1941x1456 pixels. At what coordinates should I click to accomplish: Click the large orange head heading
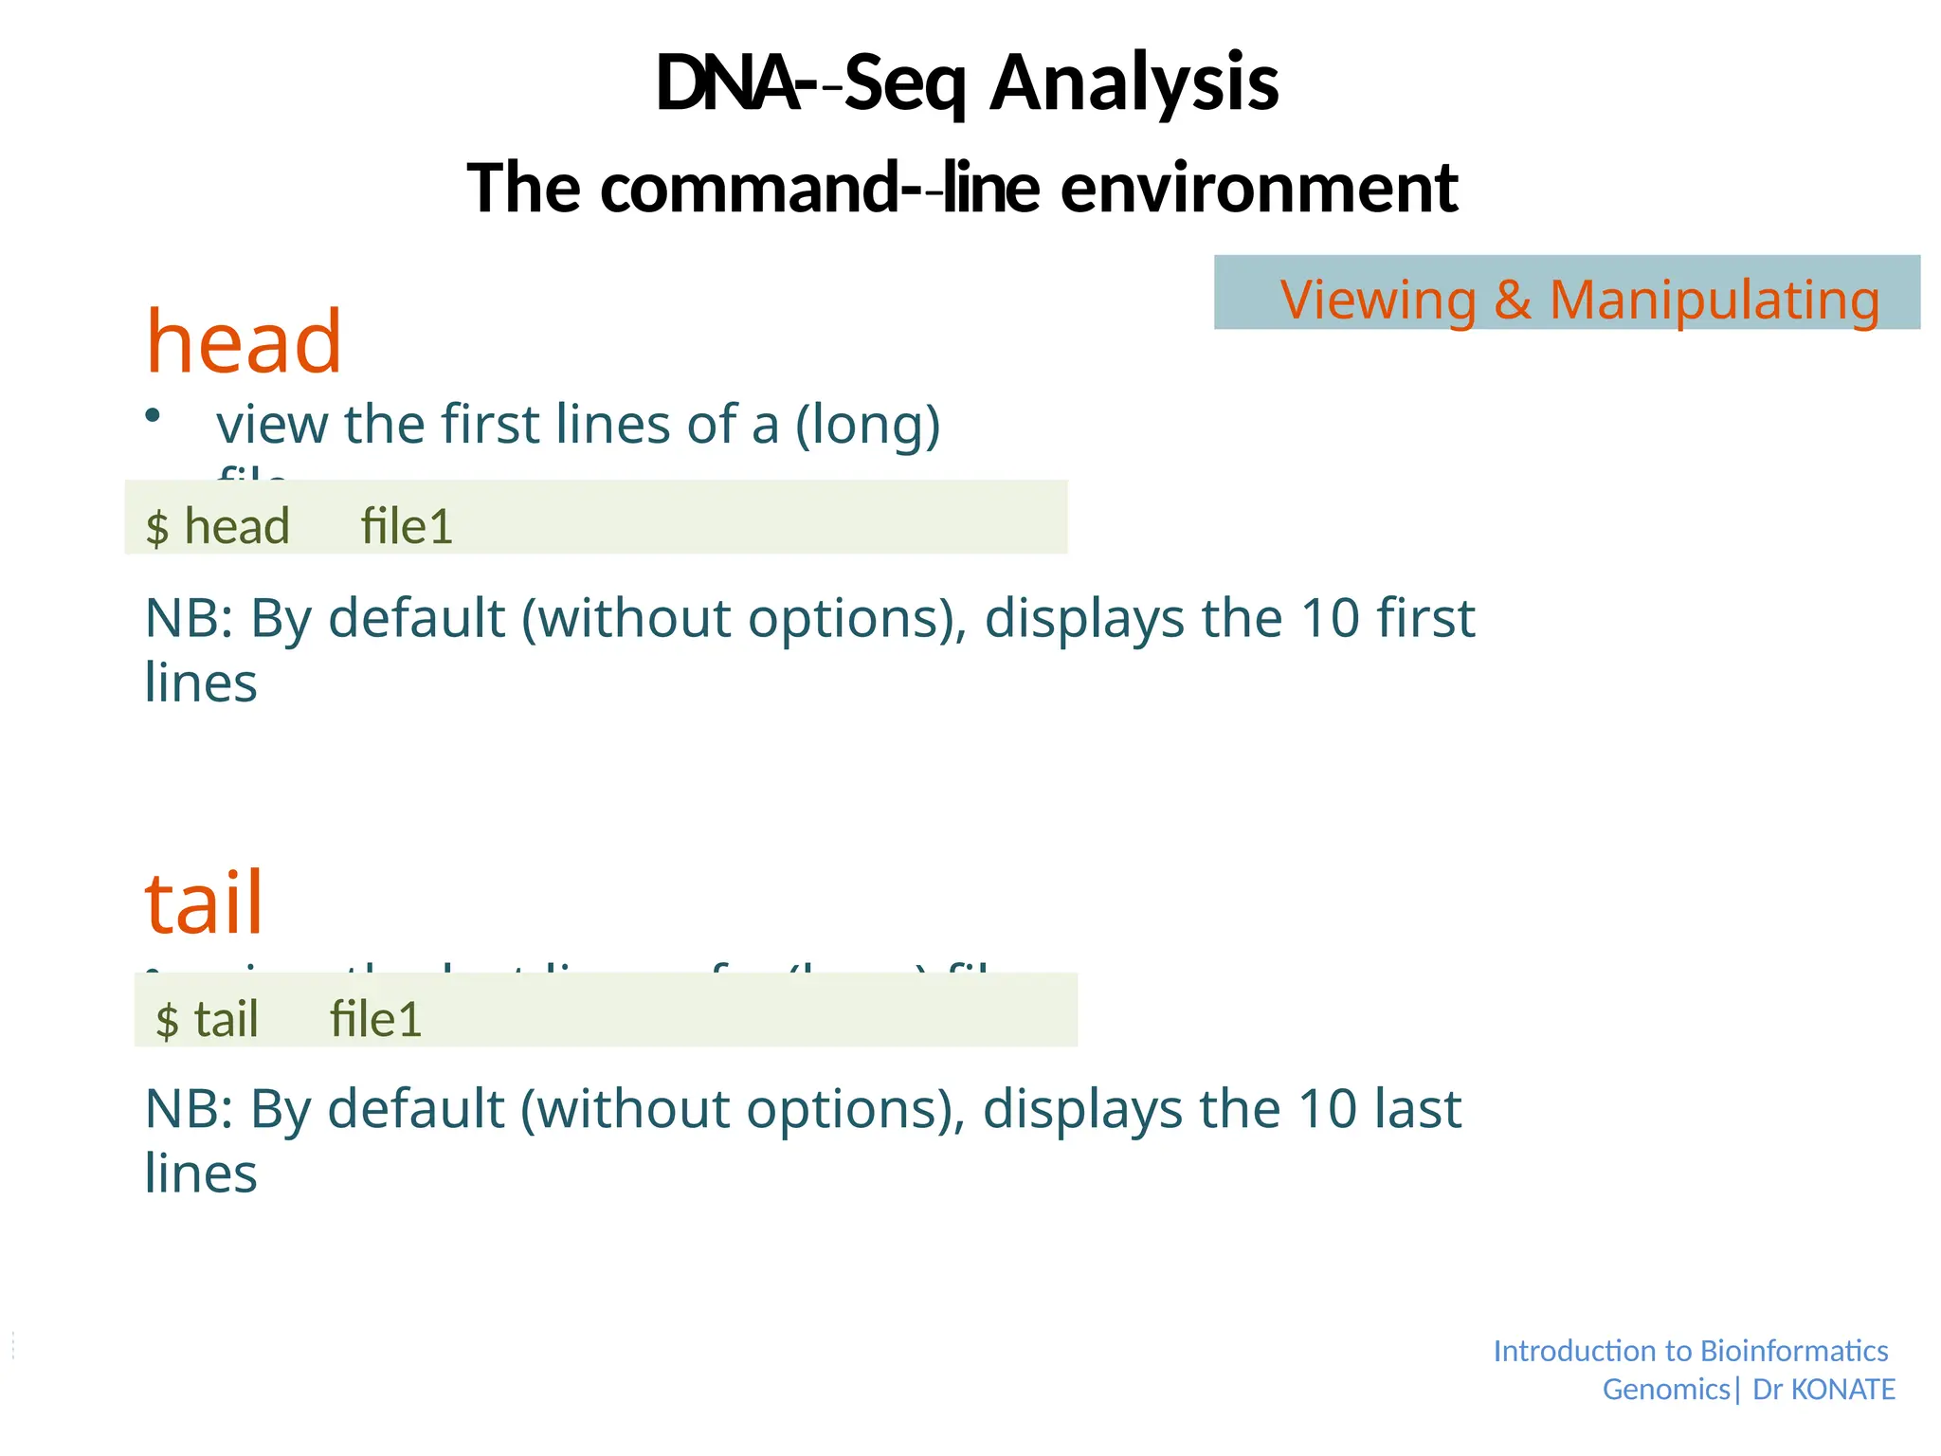tap(244, 342)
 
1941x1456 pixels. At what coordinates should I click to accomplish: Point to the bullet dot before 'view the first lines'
tap(153, 415)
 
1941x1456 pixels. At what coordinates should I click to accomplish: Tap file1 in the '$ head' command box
tap(407, 526)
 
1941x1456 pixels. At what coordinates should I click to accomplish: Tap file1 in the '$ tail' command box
tap(375, 1020)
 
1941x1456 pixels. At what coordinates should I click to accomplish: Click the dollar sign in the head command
tap(157, 527)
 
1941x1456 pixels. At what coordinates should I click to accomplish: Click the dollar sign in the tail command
tap(167, 1021)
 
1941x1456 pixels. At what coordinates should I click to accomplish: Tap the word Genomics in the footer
tap(1666, 1390)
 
